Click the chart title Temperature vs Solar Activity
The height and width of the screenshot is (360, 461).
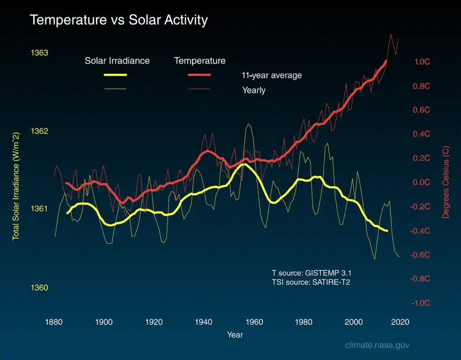[118, 20]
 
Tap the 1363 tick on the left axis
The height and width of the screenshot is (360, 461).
[39, 53]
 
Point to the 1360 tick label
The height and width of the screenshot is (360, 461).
[39, 288]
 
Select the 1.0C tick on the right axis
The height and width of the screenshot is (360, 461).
[422, 62]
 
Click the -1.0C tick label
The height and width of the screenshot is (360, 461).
[421, 303]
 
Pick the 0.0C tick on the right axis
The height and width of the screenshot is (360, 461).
[422, 182]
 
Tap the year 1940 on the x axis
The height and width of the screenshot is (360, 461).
[204, 322]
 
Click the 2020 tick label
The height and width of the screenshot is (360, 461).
[400, 322]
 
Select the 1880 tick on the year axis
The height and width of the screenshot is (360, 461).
[54, 322]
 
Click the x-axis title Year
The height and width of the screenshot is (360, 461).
[235, 335]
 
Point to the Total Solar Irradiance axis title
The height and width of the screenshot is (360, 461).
[16, 186]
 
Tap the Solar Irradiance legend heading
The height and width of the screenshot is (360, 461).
[117, 61]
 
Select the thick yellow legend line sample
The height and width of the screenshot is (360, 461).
[115, 75]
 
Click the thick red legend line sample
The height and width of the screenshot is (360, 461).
[199, 75]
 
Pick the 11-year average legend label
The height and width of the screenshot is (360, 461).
[271, 75]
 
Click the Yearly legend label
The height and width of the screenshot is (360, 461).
[254, 90]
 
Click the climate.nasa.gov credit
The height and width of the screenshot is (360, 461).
[377, 346]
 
